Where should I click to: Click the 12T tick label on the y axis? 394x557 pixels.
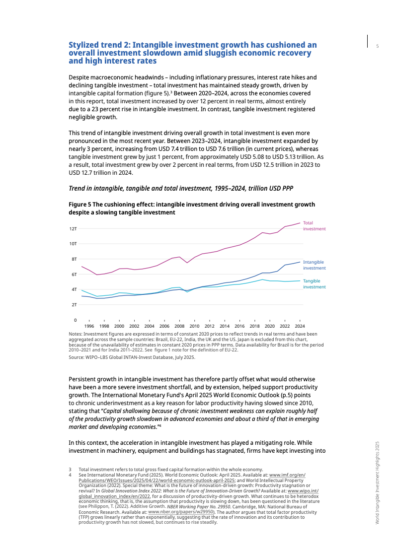[73, 229]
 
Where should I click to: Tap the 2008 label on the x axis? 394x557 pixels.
[179, 326]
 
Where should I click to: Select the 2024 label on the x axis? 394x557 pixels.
[300, 326]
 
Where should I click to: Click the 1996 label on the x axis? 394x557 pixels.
[89, 326]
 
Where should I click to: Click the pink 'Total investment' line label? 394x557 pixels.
[314, 226]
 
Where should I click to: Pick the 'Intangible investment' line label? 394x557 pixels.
[314, 265]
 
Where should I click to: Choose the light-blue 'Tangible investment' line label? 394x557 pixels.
[314, 284]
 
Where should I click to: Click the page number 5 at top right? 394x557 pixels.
[378, 46]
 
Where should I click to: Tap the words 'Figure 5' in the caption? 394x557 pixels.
[79, 205]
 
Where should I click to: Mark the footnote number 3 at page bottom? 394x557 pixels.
[70, 469]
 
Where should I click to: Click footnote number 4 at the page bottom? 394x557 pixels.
[70, 475]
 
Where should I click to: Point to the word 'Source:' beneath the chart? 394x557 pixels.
[76, 357]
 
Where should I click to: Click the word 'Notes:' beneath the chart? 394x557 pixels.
[76, 334]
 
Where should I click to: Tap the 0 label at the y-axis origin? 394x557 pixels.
[76, 320]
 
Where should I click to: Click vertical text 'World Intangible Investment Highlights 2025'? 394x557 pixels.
[378, 483]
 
